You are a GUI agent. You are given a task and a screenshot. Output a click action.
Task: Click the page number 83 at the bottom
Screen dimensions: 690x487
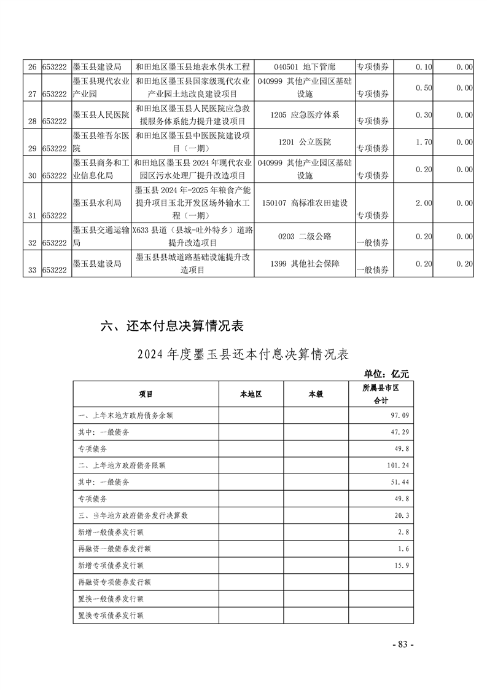403,644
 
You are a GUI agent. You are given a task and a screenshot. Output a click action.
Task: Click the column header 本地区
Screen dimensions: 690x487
251,394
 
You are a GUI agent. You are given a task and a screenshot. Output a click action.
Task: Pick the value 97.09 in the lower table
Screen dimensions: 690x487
399,416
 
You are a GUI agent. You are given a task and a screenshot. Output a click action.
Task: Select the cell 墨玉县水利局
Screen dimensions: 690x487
97,202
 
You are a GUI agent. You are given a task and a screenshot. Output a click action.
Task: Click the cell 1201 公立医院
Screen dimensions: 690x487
304,142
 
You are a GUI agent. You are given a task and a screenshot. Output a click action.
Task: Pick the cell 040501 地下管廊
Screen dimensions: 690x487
304,66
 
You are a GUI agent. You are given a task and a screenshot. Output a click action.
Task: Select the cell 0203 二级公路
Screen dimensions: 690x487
304,236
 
